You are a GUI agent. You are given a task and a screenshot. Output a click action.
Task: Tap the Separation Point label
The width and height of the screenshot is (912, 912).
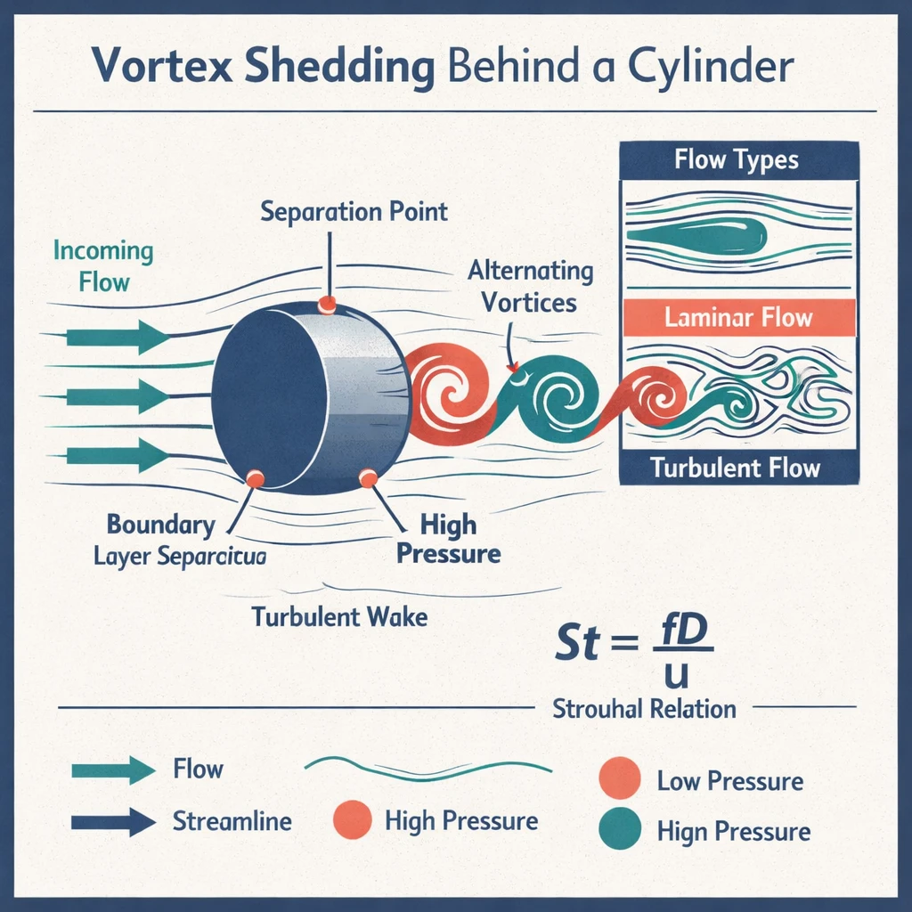tap(354, 212)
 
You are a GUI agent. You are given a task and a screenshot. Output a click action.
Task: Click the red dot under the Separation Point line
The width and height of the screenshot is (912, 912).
tap(328, 305)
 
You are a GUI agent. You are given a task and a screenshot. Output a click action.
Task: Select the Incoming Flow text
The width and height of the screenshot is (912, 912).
tap(102, 265)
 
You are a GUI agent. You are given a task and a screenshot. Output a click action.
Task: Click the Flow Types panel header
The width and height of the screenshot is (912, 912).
tap(737, 161)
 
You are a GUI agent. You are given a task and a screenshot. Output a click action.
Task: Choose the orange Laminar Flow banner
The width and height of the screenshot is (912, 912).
tap(738, 317)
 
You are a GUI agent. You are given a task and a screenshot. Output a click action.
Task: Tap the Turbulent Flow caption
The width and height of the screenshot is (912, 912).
tap(736, 468)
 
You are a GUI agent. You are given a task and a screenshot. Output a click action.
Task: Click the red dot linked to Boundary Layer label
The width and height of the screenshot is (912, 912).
tap(256, 479)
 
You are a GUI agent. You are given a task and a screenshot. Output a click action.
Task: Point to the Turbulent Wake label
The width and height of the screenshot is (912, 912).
tap(339, 616)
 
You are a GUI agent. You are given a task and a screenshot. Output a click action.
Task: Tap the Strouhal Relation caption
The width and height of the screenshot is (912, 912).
tap(644, 709)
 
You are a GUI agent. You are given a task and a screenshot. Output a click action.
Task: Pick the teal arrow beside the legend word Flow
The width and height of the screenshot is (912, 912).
tap(112, 769)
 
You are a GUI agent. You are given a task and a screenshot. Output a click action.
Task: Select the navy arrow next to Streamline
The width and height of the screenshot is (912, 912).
tap(112, 820)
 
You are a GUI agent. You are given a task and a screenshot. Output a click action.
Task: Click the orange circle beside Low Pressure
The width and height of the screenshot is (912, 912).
tap(621, 778)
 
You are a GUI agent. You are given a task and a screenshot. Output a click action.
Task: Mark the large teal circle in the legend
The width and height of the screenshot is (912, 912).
tap(621, 828)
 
